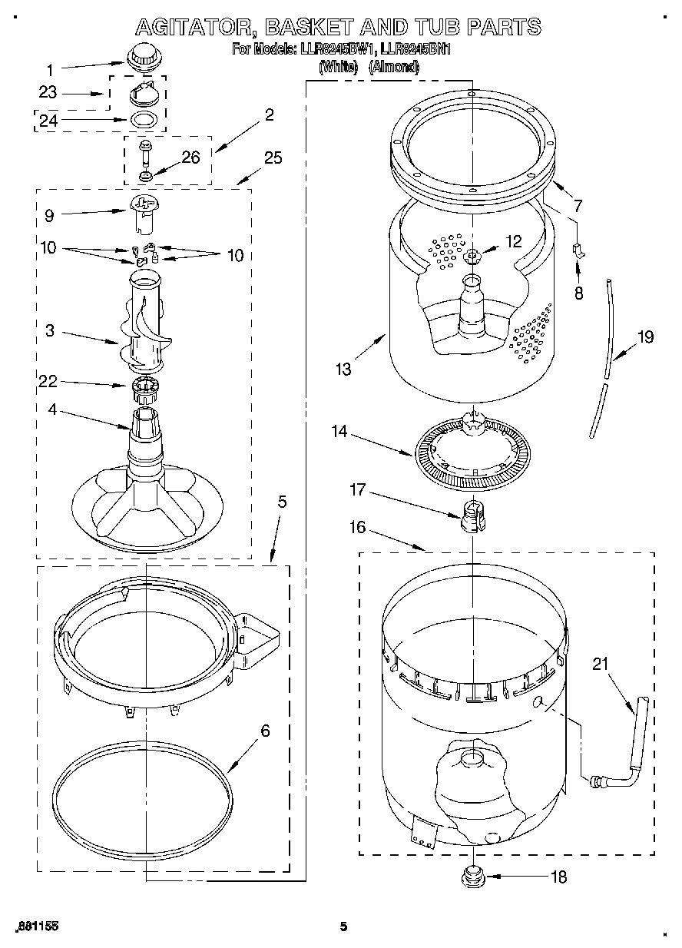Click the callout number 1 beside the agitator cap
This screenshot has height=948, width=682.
coord(50,67)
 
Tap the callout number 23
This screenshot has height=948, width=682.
coord(48,92)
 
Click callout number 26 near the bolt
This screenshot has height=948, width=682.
coord(190,157)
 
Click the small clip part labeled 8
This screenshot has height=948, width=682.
coord(579,250)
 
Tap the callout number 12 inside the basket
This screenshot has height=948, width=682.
coord(513,241)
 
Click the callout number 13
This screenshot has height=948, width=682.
coord(343,369)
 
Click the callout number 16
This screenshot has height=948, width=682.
coord(357,527)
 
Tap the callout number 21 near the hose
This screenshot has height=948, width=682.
coord(599,665)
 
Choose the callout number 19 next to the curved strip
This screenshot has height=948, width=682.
coord(645,336)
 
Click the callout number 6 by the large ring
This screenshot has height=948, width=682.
coord(265,731)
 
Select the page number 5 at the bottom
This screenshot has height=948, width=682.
coord(343,926)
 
